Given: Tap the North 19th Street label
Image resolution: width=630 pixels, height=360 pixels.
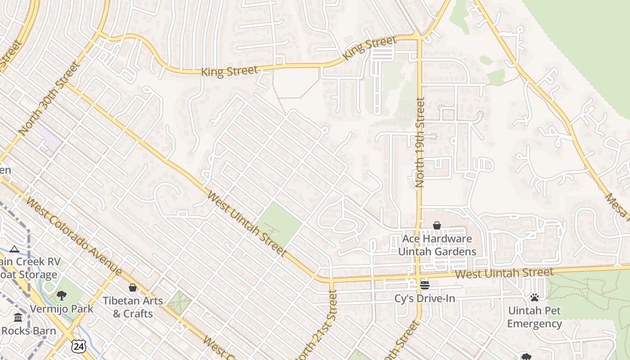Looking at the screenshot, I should click(420, 143).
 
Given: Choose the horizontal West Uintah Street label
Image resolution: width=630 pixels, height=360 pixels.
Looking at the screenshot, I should click(504, 273).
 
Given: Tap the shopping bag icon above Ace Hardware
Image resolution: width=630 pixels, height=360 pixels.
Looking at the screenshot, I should click(437, 225).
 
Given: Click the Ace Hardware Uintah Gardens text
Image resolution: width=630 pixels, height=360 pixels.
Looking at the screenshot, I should click(437, 245).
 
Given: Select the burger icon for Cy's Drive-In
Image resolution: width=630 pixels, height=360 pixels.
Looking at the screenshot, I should click(425, 285).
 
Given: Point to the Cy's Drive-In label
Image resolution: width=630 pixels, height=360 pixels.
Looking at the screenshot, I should click(425, 298).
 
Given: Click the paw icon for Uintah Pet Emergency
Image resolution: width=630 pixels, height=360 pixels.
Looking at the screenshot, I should click(535, 297).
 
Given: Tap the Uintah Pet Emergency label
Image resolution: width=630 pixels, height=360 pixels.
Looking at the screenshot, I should click(535, 317).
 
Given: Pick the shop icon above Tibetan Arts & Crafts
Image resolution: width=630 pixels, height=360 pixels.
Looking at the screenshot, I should click(133, 288).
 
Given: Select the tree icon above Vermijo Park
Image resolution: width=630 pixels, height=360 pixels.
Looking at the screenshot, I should click(62, 296).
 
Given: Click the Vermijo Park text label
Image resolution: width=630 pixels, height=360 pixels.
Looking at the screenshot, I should click(62, 309).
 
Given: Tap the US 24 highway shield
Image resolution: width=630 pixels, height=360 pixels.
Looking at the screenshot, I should click(78, 346).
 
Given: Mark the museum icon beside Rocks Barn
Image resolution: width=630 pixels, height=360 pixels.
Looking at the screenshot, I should click(18, 318).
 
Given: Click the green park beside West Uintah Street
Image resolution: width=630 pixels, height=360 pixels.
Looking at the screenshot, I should click(279, 224).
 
